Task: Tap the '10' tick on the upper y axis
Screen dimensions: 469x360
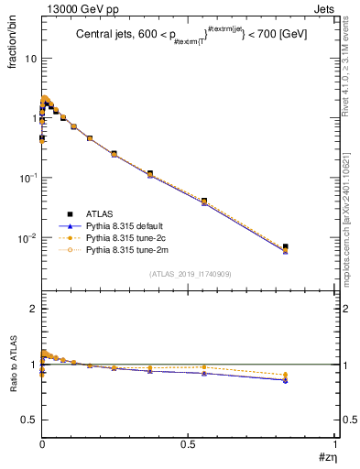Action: point(29,58)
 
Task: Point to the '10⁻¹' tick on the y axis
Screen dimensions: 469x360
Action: point(27,178)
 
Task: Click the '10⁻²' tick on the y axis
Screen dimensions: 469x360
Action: point(27,238)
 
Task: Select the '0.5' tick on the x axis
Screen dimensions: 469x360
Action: point(188,444)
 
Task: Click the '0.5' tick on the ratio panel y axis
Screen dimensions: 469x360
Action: point(30,420)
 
